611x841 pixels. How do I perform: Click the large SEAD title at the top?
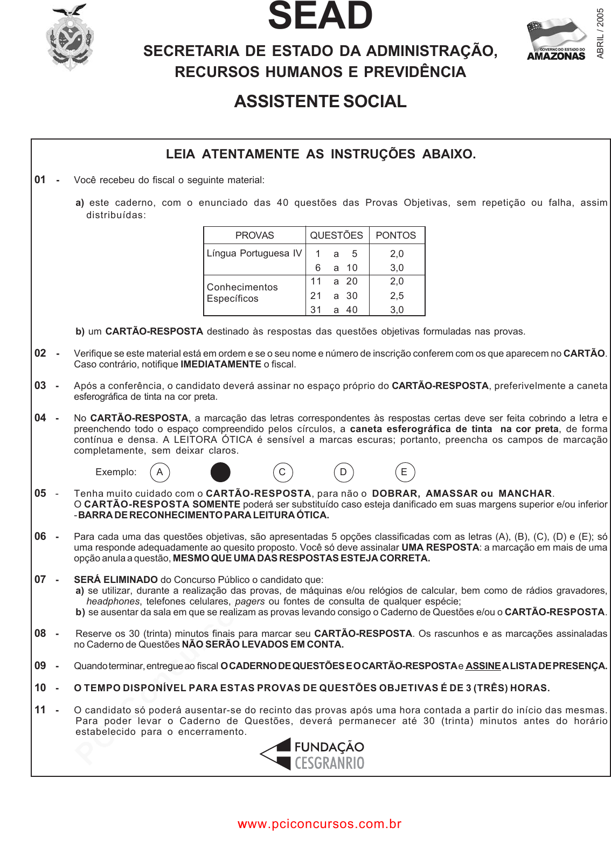pos(320,16)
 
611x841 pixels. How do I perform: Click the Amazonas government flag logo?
pos(556,39)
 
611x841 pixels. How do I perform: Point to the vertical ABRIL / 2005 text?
pos(600,33)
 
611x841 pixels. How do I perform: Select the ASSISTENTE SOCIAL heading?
pos(320,101)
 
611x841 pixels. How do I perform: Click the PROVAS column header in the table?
pos(254,235)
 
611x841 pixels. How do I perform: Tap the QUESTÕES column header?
pos(336,235)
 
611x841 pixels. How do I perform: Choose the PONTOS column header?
pos(395,235)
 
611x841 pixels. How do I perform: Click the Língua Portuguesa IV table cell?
pos(254,253)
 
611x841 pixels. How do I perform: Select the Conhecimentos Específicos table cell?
pos(242,293)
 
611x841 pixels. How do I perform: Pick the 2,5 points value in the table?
pos(397,296)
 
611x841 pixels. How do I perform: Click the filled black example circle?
pos(220,472)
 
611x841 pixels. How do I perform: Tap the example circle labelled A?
pos(159,472)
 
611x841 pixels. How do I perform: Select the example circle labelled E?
pos(404,472)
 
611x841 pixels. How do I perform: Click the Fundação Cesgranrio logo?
pos(313,754)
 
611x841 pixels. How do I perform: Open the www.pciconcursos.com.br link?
pos(320,824)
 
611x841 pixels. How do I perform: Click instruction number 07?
pos(40,580)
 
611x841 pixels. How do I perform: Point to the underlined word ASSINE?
pos(483,666)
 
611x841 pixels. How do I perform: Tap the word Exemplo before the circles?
pos(115,472)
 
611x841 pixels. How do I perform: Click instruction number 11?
pos(40,710)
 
